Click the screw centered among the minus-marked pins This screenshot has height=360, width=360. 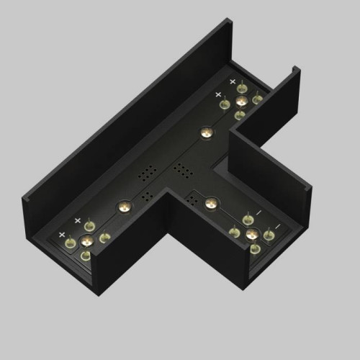click(251, 234)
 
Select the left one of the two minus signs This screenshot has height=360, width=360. click(248, 213)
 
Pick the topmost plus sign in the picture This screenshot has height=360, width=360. click(233, 81)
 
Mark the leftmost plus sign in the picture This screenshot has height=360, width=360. click(62, 235)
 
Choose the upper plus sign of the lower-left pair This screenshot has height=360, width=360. click(77, 220)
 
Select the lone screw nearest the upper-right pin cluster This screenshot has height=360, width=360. click(206, 132)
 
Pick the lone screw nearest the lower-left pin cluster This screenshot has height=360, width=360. click(123, 207)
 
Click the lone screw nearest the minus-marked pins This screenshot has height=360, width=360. click(210, 203)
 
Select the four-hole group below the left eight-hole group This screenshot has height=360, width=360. click(147, 195)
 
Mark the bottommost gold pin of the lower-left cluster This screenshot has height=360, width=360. click(86, 255)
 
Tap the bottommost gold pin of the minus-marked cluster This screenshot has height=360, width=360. click(255, 248)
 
